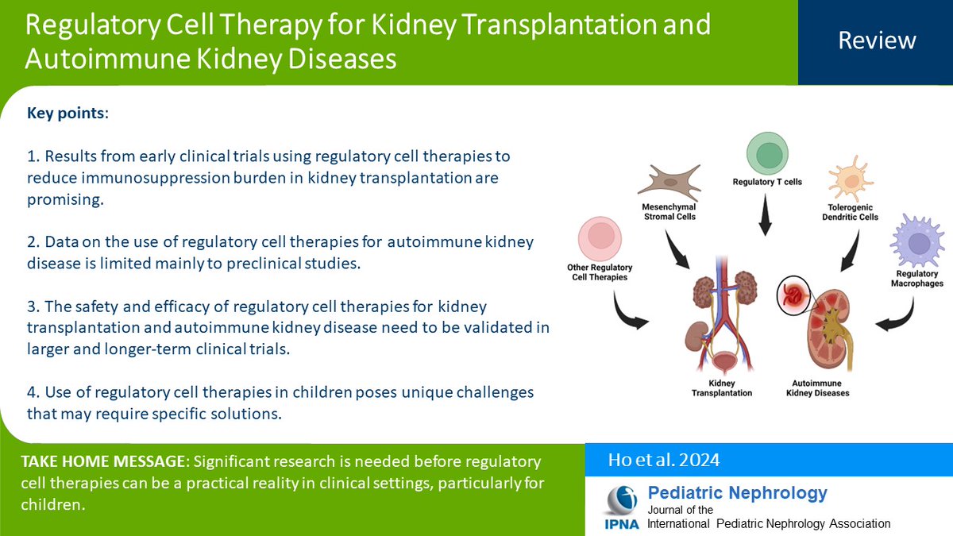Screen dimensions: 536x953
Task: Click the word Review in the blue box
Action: pos(877,40)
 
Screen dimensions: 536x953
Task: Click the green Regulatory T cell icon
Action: pos(766,155)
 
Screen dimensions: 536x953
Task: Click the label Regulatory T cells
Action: pos(766,182)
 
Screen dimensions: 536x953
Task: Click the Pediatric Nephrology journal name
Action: pos(737,493)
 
